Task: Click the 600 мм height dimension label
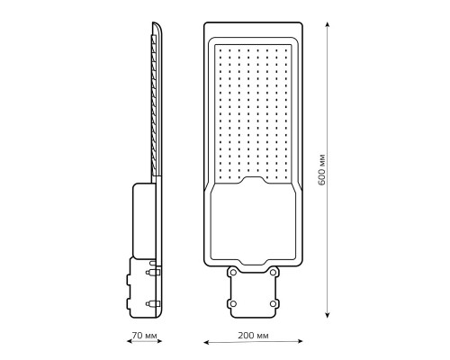[x=321, y=169]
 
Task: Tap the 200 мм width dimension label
[x=254, y=335]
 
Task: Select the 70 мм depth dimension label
[x=145, y=335]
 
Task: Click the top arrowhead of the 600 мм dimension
[x=328, y=25]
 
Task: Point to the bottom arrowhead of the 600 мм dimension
[x=328, y=314]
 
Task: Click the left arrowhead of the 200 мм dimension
[x=207, y=342]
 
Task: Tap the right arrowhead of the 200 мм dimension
[x=300, y=341]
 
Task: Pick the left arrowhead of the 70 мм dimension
[x=130, y=341]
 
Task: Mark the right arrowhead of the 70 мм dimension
[x=159, y=341]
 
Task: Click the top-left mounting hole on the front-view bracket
[x=233, y=273]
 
